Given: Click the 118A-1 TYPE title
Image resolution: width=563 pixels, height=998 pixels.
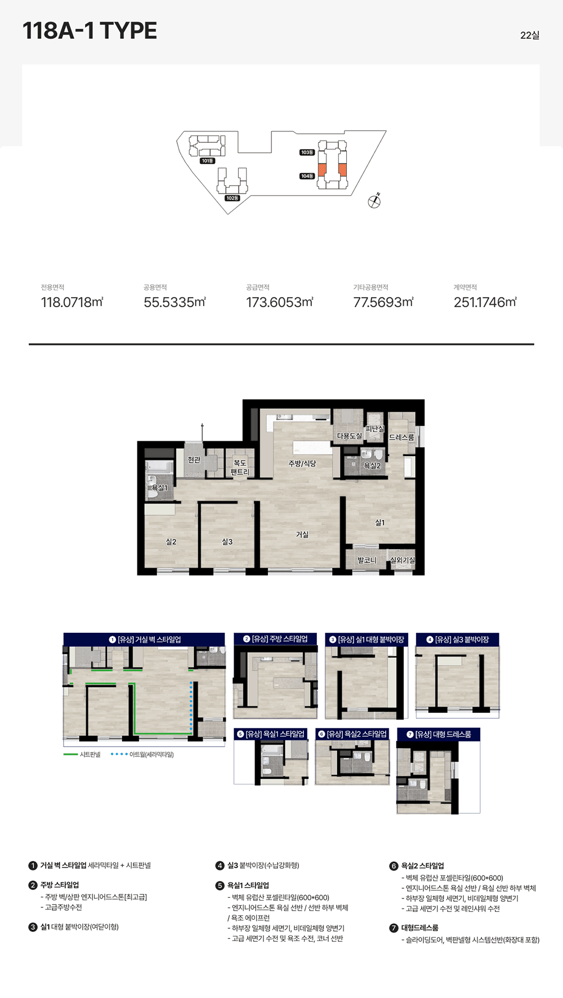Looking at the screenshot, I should point(90,31).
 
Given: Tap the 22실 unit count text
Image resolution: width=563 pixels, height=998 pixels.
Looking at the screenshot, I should point(530,35).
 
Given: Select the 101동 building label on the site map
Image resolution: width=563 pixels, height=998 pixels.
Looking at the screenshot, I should point(207,161).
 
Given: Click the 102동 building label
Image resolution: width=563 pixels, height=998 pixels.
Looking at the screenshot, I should point(232,198).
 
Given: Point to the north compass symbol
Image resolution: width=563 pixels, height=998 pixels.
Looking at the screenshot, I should point(374,201).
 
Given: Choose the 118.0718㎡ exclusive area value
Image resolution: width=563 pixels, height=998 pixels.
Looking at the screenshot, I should point(72,302).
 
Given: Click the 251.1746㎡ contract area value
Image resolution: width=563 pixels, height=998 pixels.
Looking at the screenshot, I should point(485,302).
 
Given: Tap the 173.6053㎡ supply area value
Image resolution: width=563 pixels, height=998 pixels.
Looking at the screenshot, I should point(280,302).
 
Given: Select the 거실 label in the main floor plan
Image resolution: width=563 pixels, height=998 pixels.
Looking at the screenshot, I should point(302,534).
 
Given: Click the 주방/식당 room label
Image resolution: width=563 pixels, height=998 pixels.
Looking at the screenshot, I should point(302,464).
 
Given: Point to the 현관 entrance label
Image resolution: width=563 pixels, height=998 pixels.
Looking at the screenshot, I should point(194,460).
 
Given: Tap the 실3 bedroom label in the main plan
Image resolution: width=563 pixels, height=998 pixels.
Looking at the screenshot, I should point(227,542).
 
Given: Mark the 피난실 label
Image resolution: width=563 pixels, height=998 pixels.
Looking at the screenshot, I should point(374,429).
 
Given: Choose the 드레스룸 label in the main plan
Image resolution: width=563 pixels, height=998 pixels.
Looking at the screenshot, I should point(401,437).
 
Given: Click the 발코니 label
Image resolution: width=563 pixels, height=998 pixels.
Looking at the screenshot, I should point(367,560).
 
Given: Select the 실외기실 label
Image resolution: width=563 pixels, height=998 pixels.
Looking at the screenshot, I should point(402,560).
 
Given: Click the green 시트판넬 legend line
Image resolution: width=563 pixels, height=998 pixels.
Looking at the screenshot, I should point(70,754).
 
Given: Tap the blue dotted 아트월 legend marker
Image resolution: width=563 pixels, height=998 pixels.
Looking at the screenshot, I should point(119,754).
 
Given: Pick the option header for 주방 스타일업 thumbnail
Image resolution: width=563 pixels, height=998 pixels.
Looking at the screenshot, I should point(275,639).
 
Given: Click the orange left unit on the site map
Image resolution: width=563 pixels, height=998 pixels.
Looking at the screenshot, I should point(323,169).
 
